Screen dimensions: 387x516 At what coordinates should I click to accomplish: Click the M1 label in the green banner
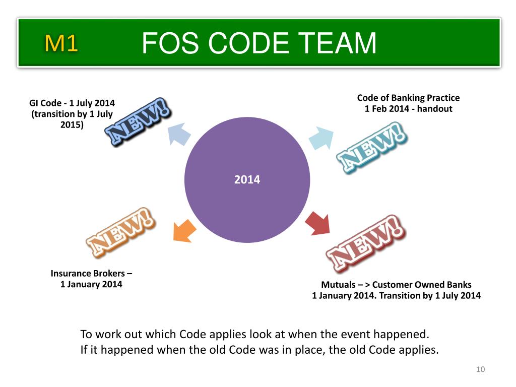coord(61,44)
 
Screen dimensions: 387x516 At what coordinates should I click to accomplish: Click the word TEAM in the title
coord(337,43)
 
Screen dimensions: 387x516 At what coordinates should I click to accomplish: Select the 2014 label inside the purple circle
coord(247,179)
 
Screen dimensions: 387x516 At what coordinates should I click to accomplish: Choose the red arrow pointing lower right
coord(317,223)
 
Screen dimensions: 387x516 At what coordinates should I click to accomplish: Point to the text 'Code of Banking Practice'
coord(408,98)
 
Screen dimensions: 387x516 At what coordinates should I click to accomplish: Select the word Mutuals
coord(338,285)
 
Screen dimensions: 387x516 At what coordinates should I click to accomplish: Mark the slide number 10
coord(480,370)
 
